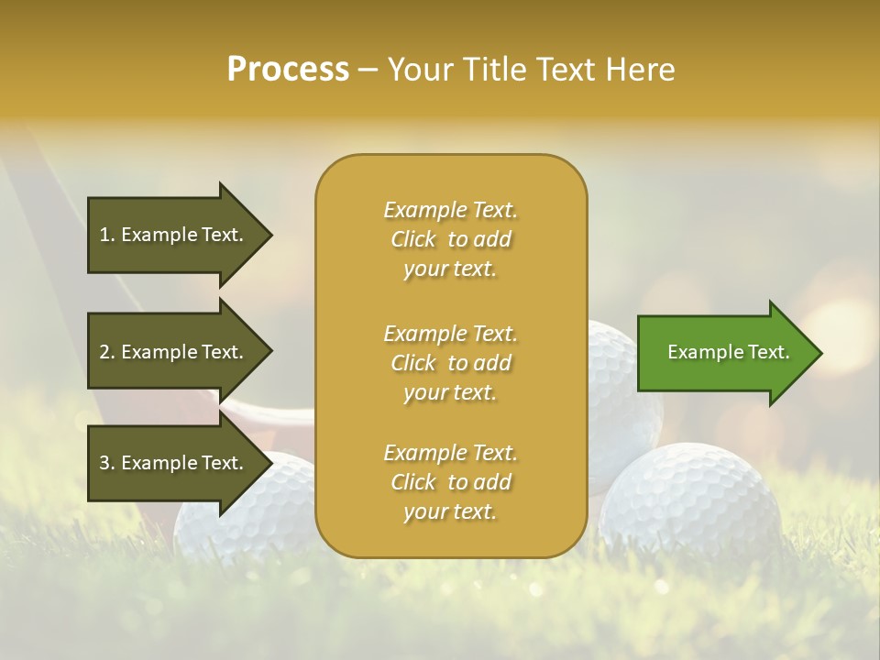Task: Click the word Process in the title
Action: click(288, 69)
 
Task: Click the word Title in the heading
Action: click(499, 69)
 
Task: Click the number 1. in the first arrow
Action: click(107, 235)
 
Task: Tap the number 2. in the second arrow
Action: click(107, 352)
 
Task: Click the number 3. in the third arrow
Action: click(107, 463)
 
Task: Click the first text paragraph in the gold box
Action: click(450, 239)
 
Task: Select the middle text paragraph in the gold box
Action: click(450, 363)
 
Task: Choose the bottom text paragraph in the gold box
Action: click(450, 482)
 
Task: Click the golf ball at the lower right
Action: click(693, 500)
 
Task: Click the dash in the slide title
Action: click(368, 70)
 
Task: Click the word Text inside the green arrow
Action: click(768, 352)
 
